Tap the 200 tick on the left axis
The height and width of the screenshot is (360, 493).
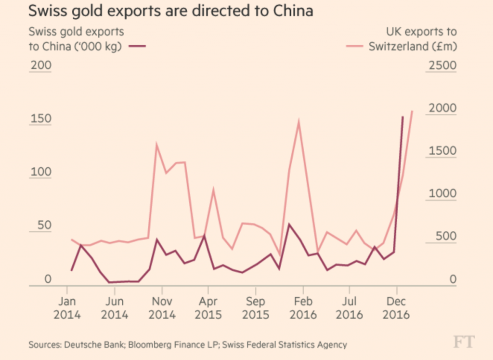pos(40,66)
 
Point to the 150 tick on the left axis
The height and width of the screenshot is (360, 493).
pos(40,119)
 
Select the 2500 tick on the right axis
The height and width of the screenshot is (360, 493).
pos(441,66)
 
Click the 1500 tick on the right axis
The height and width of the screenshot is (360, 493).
pos(441,151)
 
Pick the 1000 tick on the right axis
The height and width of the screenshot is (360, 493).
pos(441,194)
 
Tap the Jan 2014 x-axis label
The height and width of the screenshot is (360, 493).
pos(67,308)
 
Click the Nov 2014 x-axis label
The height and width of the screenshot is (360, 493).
pos(162,308)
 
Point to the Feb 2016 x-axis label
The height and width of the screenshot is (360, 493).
pos(303,308)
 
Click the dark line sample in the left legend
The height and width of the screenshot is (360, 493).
pos(137,47)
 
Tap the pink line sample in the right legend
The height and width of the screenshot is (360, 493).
pos(355,47)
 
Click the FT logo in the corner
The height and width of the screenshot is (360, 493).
pos(464,342)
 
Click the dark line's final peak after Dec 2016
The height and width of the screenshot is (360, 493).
pos(403,117)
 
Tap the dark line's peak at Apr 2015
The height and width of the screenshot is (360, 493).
pos(204,236)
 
